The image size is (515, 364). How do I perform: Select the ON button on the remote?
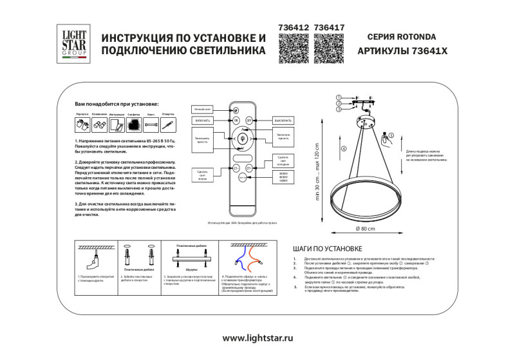point(236,120)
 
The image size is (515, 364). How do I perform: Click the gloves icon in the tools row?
point(81,125)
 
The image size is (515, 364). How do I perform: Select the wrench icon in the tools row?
point(151,125)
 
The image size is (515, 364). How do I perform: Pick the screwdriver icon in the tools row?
point(168,125)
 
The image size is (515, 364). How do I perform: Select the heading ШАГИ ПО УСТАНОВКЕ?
point(328,248)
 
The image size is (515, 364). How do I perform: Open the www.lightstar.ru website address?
point(257,338)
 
